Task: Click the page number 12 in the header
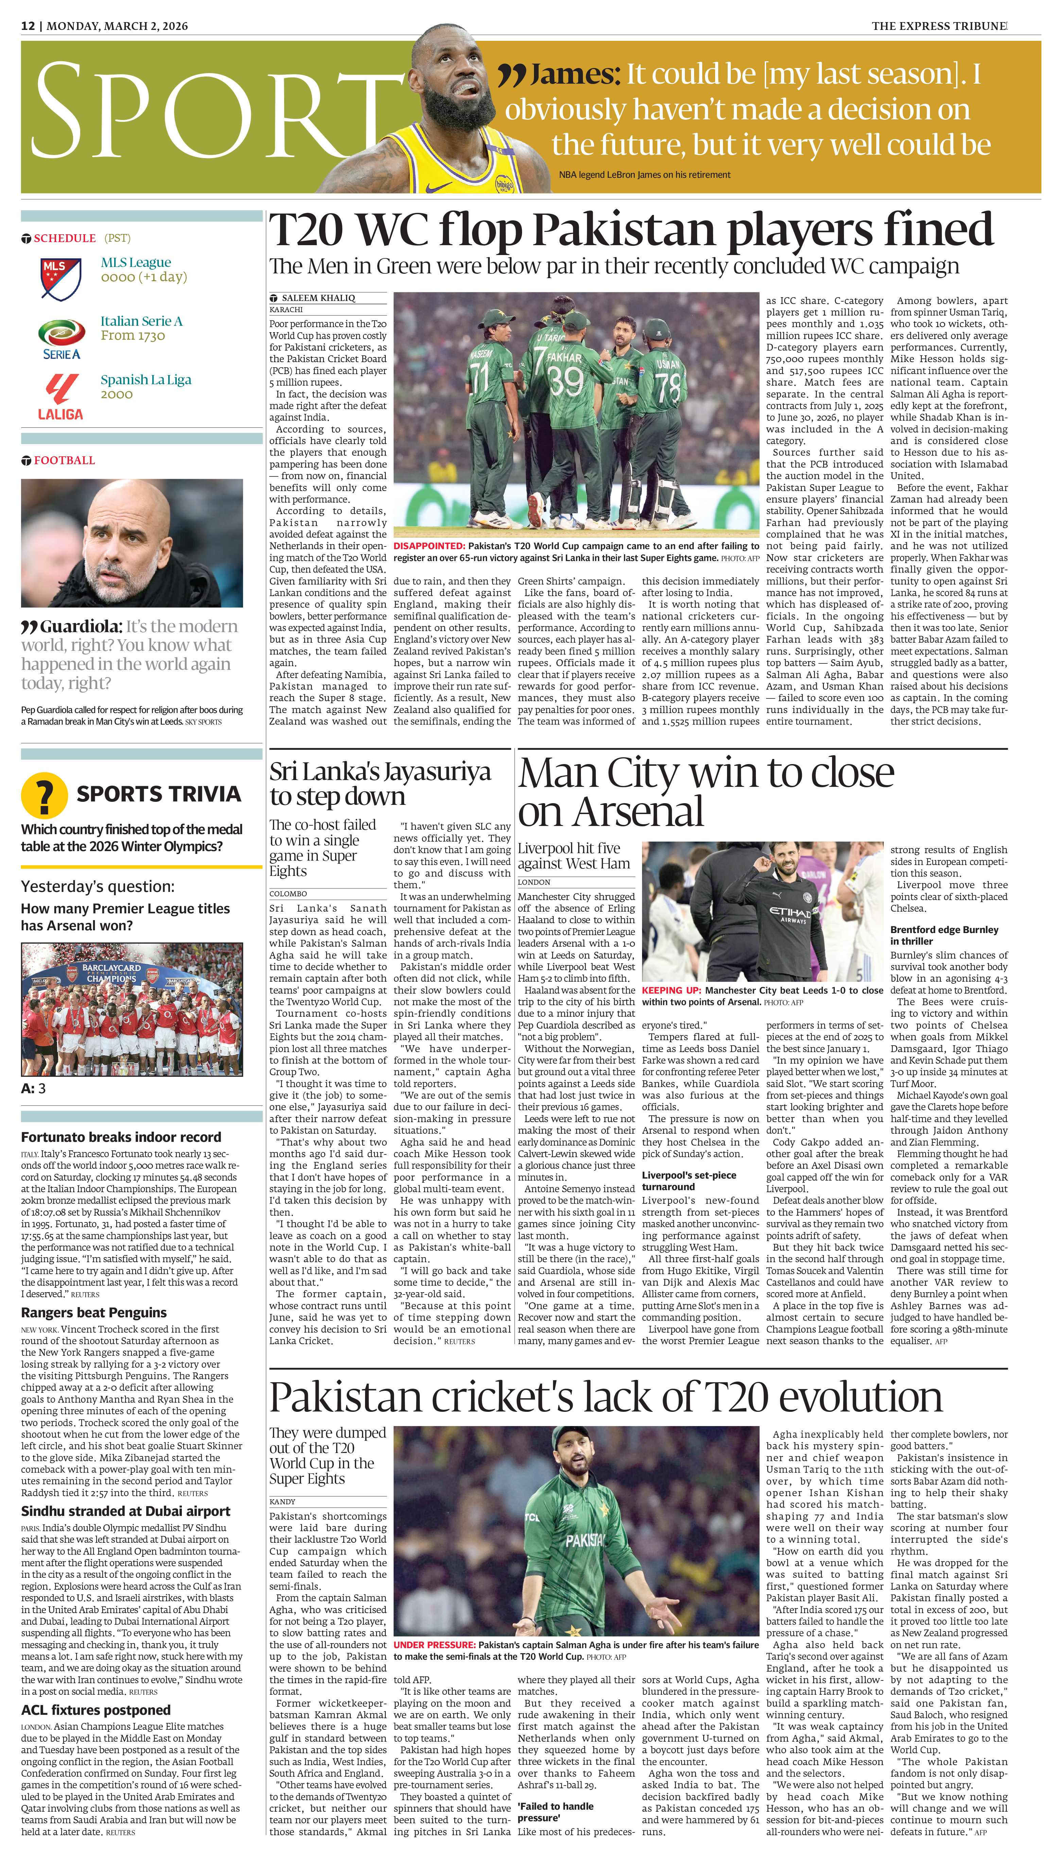(28, 26)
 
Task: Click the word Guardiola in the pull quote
(80, 626)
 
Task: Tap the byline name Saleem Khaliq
(318, 298)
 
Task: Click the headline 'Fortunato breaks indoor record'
(121, 1137)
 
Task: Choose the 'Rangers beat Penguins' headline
(93, 1313)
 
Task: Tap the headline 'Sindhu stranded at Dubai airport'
(125, 1511)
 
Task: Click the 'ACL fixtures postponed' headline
(96, 1710)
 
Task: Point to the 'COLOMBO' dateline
(288, 894)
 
